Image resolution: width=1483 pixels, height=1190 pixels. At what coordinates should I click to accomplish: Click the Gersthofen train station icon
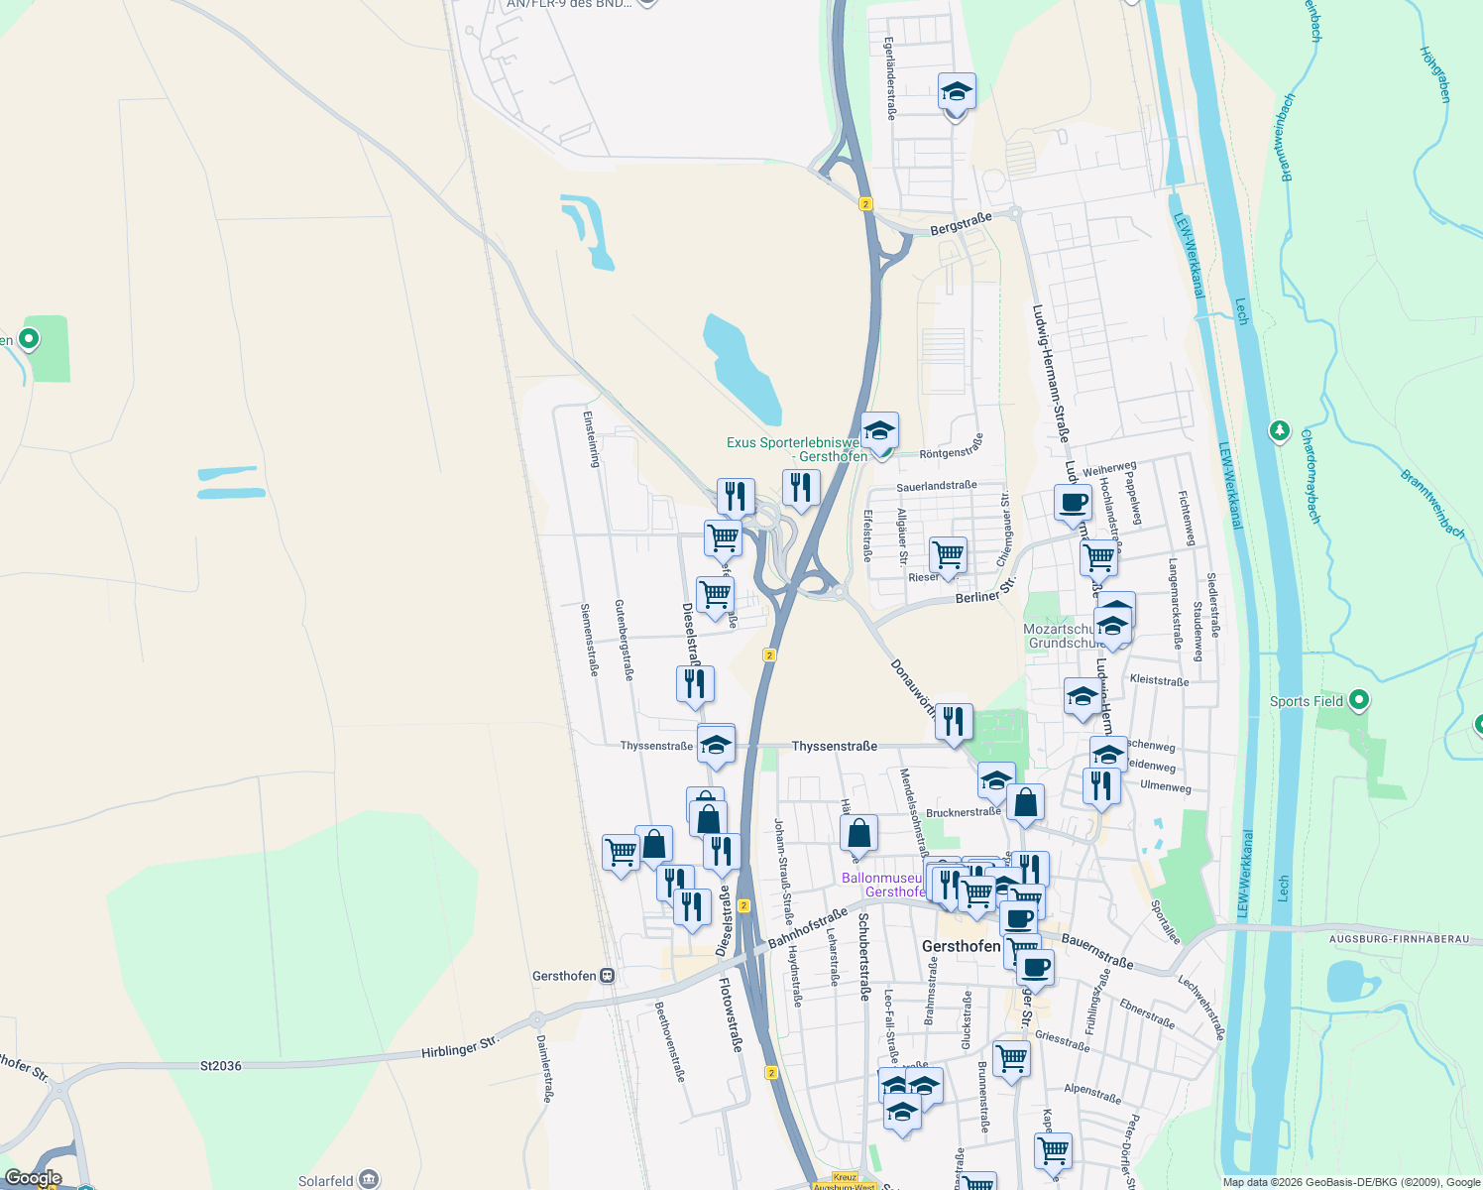(x=608, y=976)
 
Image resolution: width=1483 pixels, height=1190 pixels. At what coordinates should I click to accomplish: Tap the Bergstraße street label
(x=961, y=224)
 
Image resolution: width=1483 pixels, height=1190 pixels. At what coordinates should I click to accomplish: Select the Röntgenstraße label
(x=952, y=447)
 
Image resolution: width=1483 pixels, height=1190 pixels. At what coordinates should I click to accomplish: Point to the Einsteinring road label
(x=592, y=438)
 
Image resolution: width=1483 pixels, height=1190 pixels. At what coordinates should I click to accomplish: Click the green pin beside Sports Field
(x=1359, y=700)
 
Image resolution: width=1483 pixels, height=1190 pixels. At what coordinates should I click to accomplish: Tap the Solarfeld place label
(x=326, y=1181)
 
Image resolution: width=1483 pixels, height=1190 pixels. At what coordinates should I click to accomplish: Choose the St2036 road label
(x=220, y=1066)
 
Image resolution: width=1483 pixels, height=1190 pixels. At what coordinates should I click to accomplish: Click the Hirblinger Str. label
(x=459, y=1046)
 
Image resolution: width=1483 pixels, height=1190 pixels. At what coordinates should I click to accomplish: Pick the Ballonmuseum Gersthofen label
(x=882, y=885)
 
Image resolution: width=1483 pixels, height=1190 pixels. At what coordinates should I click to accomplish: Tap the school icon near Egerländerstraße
(x=957, y=92)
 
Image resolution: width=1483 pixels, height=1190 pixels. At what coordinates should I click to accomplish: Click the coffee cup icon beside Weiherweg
(x=1073, y=503)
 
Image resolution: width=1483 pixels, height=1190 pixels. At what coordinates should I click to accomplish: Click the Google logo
(x=33, y=1179)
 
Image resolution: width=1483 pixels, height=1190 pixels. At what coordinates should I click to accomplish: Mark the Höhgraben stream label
(x=1434, y=74)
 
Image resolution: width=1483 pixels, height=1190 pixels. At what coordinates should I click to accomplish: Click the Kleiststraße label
(x=1159, y=681)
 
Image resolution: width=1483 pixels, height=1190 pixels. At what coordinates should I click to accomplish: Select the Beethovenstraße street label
(x=670, y=1041)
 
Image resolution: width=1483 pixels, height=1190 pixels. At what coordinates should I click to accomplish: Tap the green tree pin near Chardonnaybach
(x=1280, y=430)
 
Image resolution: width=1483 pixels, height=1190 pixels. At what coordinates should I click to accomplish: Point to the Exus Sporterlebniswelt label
(x=793, y=442)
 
